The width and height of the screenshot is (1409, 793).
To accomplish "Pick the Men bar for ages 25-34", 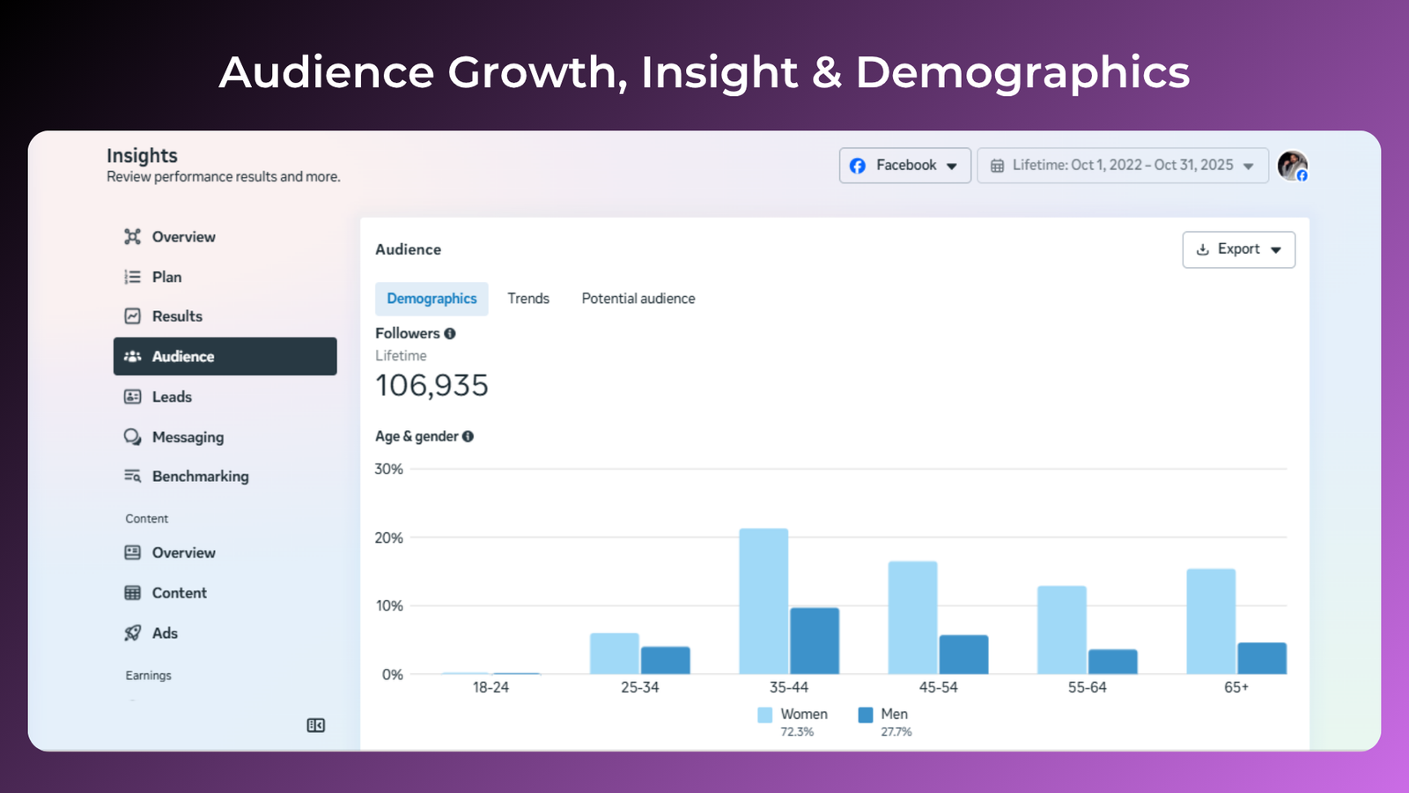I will tap(665, 660).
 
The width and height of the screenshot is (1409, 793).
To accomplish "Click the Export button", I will tap(1238, 249).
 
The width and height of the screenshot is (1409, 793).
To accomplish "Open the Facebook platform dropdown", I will tap(904, 166).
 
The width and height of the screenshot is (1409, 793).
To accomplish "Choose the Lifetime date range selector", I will tap(1122, 166).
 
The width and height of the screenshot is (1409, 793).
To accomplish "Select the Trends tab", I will tap(528, 299).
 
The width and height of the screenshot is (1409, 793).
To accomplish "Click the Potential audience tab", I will tap(638, 299).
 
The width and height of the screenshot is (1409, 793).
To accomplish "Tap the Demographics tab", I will tap(432, 299).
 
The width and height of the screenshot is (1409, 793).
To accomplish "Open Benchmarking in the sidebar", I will tap(200, 477).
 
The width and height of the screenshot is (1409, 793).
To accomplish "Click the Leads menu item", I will tap(172, 397).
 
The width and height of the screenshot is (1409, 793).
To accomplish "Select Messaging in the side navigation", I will tap(188, 437).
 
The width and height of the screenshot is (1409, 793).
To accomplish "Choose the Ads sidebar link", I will tap(165, 634).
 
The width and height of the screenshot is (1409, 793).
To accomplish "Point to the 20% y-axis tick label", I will tap(388, 537).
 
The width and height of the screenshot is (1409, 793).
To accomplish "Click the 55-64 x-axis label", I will tap(1087, 687).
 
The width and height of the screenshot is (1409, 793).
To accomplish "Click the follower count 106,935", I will tap(432, 385).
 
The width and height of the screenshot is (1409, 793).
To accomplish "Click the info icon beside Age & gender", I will tap(468, 436).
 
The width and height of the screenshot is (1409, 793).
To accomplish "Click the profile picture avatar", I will tap(1292, 166).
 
